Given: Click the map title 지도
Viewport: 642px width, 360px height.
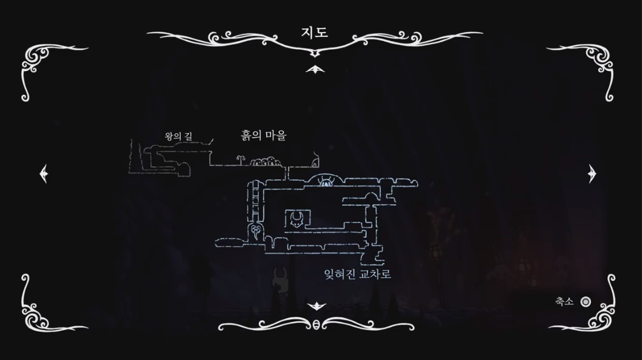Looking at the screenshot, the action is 314,32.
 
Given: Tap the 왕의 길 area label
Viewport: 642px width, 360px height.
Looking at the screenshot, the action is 179,137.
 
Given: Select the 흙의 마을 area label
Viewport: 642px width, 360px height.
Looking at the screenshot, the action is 263,135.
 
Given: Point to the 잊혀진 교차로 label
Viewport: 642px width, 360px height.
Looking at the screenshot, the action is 358,274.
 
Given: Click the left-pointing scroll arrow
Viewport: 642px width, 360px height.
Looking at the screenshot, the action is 44,173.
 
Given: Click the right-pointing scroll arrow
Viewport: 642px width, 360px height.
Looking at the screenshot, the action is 592,173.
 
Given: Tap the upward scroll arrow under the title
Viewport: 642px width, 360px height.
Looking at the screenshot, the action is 315,70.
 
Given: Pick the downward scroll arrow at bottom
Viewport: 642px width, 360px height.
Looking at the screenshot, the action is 316,306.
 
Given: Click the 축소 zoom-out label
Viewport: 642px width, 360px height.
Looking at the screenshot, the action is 564,302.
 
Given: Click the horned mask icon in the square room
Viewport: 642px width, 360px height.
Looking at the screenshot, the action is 298,219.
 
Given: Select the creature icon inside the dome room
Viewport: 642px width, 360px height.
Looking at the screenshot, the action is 326,183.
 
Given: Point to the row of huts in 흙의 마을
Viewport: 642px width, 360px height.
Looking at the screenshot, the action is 266,162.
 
